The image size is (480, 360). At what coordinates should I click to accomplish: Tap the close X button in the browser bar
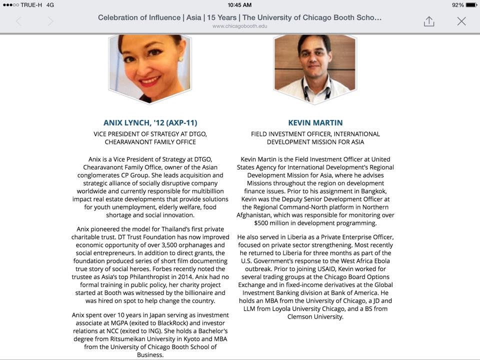(461, 21)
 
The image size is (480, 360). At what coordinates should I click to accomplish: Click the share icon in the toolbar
(429, 21)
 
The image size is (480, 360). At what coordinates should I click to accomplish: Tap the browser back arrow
(19, 21)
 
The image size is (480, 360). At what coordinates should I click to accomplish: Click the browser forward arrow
(50, 21)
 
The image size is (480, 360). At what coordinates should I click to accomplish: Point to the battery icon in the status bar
(471, 5)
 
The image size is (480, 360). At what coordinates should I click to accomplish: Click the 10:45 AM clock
(239, 5)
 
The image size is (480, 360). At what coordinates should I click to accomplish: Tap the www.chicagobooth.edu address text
(239, 26)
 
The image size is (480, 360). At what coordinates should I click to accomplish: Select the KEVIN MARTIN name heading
(315, 122)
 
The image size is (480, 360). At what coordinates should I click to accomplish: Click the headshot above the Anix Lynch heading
(149, 67)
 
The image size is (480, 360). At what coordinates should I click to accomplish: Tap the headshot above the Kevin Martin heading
(315, 67)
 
